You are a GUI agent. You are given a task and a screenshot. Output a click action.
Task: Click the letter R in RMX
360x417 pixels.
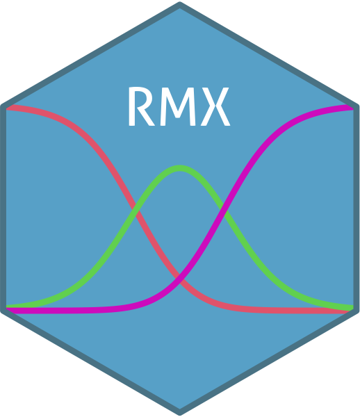141,106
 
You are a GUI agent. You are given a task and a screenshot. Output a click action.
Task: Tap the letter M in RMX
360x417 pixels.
178,106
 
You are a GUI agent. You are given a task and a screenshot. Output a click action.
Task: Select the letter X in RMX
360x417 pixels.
215,106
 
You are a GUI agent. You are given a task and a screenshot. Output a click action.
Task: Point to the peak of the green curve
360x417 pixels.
180,168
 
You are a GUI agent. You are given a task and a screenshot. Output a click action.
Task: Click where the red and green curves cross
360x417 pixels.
136,210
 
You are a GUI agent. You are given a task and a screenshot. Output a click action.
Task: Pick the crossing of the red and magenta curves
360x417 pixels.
180,278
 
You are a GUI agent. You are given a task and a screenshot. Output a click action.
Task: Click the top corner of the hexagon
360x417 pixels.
180,3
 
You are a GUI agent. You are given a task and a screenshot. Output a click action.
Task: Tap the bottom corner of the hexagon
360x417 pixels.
180,414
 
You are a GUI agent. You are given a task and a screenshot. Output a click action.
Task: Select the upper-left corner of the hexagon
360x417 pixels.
2,106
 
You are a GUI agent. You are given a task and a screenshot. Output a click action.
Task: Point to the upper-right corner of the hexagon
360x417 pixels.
358,106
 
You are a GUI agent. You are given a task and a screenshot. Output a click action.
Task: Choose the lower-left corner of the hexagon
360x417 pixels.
2,311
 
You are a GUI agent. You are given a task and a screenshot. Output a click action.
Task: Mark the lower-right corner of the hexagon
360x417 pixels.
358,311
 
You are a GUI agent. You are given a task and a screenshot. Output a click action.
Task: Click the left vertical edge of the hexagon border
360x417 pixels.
3,208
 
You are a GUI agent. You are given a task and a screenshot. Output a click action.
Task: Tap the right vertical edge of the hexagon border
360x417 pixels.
357,208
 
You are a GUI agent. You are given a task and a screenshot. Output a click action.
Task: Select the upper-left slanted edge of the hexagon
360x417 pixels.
91,56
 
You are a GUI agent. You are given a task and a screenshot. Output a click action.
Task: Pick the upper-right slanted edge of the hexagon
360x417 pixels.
268,56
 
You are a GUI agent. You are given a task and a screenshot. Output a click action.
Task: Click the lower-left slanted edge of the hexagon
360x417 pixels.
91,361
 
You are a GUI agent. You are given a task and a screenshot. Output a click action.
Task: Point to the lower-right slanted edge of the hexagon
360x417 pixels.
268,361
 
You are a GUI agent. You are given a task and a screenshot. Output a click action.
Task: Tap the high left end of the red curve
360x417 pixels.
8,108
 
